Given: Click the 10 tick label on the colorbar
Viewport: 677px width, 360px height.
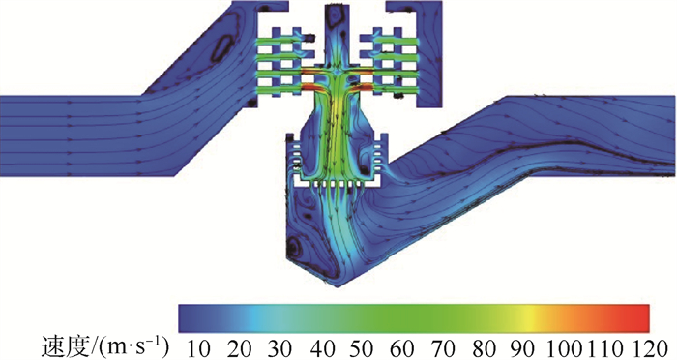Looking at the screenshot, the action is [198, 348].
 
